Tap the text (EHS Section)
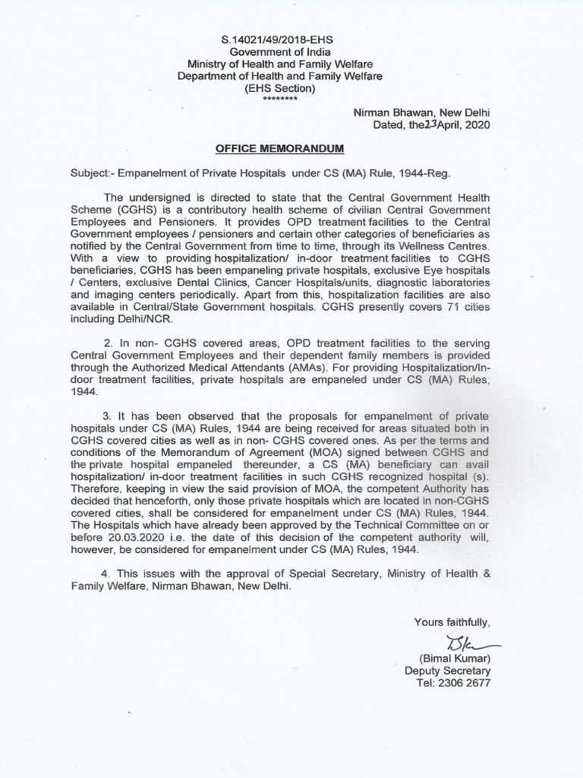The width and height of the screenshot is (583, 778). [279, 88]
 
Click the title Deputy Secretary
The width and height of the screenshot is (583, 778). [448, 671]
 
